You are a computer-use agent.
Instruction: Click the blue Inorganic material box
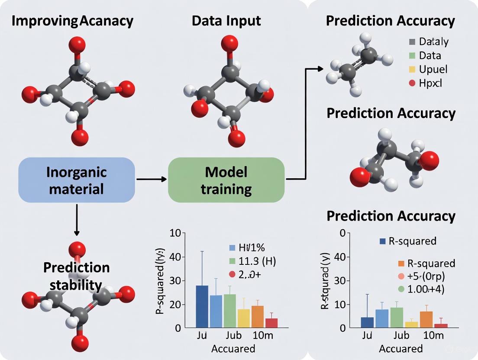[x=76, y=180]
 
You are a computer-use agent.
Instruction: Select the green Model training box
[x=226, y=180]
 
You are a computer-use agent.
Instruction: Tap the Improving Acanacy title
[x=72, y=20]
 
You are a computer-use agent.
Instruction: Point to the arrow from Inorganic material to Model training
[x=152, y=179]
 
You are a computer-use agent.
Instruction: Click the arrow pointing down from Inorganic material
[x=77, y=221]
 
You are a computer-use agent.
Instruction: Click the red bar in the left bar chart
[x=271, y=323]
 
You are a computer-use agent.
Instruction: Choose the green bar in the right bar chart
[x=397, y=317]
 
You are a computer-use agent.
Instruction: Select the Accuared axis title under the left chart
[x=233, y=349]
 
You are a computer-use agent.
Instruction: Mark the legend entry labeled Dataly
[x=428, y=42]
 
